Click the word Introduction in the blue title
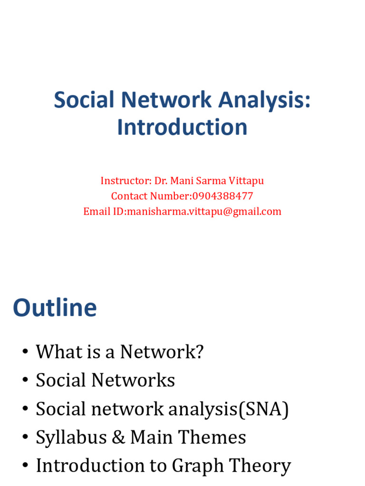click(182, 128)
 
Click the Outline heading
click(55, 308)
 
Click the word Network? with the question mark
click(162, 352)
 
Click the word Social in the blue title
click(84, 101)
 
